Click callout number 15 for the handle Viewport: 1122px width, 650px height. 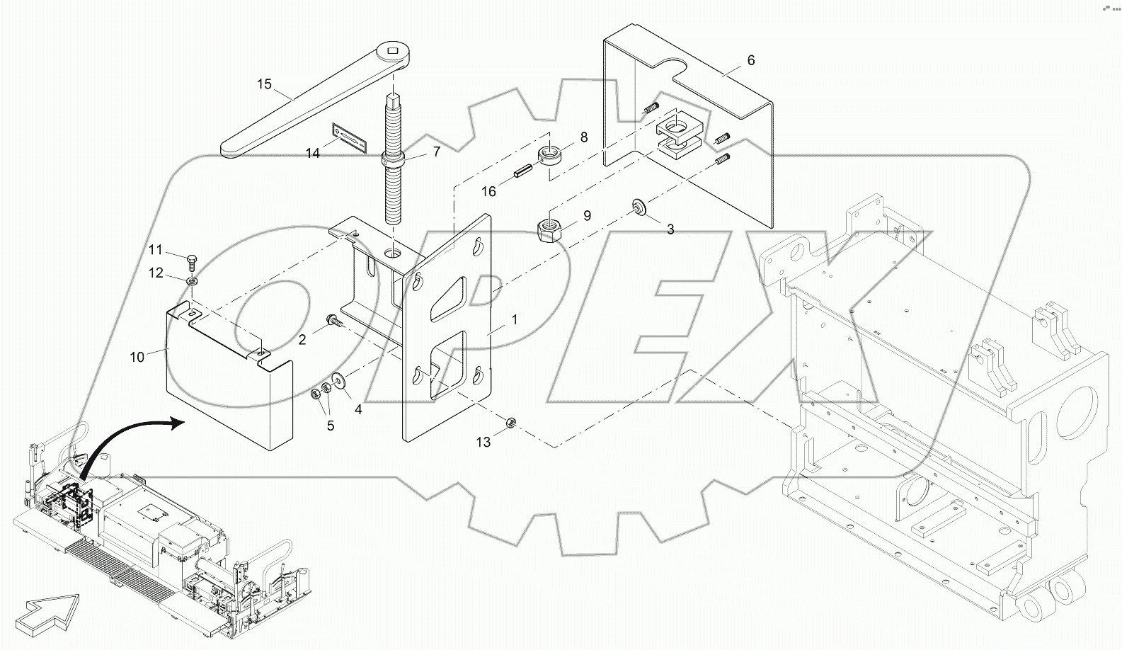[263, 84]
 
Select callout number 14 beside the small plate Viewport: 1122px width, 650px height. [312, 152]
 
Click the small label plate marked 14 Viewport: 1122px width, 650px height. [350, 136]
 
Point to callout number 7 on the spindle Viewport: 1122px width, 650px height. [436, 152]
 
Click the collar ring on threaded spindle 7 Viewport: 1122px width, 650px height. [393, 159]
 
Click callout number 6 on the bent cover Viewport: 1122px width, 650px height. [750, 61]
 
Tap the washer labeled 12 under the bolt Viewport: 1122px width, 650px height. [192, 282]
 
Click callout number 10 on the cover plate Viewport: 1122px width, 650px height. [137, 357]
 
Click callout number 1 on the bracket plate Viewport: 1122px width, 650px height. [514, 320]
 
